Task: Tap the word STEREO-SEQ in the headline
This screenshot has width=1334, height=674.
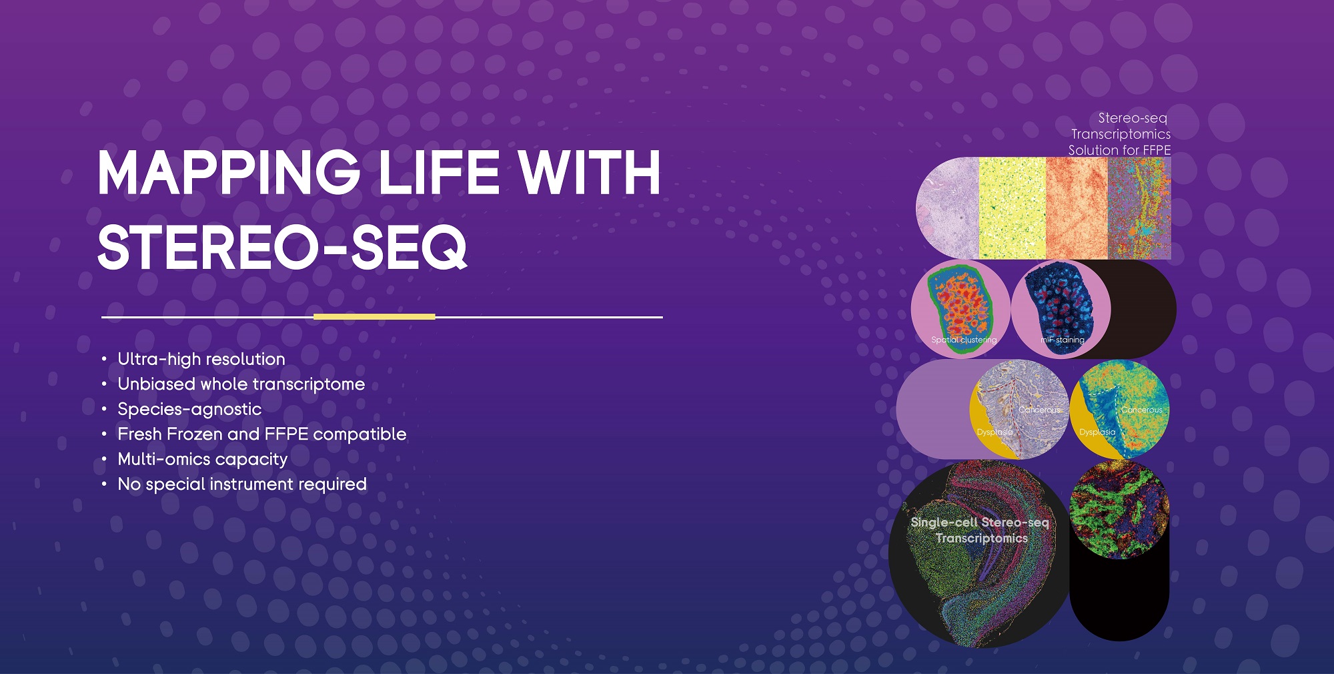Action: coord(282,247)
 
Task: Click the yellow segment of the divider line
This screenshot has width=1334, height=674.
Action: coord(374,317)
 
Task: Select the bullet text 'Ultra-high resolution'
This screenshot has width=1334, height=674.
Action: coord(201,359)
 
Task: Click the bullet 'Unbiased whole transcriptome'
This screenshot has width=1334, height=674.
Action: coord(241,384)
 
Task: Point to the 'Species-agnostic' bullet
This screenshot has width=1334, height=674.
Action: coord(189,409)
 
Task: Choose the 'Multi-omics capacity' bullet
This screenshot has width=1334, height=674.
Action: coord(203,459)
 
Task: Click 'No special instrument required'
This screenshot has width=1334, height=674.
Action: coord(242,484)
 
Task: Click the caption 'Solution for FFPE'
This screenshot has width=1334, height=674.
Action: coord(1119,150)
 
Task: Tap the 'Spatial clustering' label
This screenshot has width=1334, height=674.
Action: coord(964,340)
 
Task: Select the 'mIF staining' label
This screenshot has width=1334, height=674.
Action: coord(1063,340)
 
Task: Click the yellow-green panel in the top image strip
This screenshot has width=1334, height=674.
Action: coord(1012,208)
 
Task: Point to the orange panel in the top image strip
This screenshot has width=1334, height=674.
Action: coord(1077,208)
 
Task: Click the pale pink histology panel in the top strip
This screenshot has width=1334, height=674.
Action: coord(948,208)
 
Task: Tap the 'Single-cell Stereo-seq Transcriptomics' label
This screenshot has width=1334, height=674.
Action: coord(980,530)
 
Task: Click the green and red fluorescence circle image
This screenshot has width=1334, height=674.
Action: coord(1119,509)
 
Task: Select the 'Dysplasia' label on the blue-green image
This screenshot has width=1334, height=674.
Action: coord(1097,432)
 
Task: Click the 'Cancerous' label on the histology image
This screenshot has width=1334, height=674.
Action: coord(1039,410)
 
